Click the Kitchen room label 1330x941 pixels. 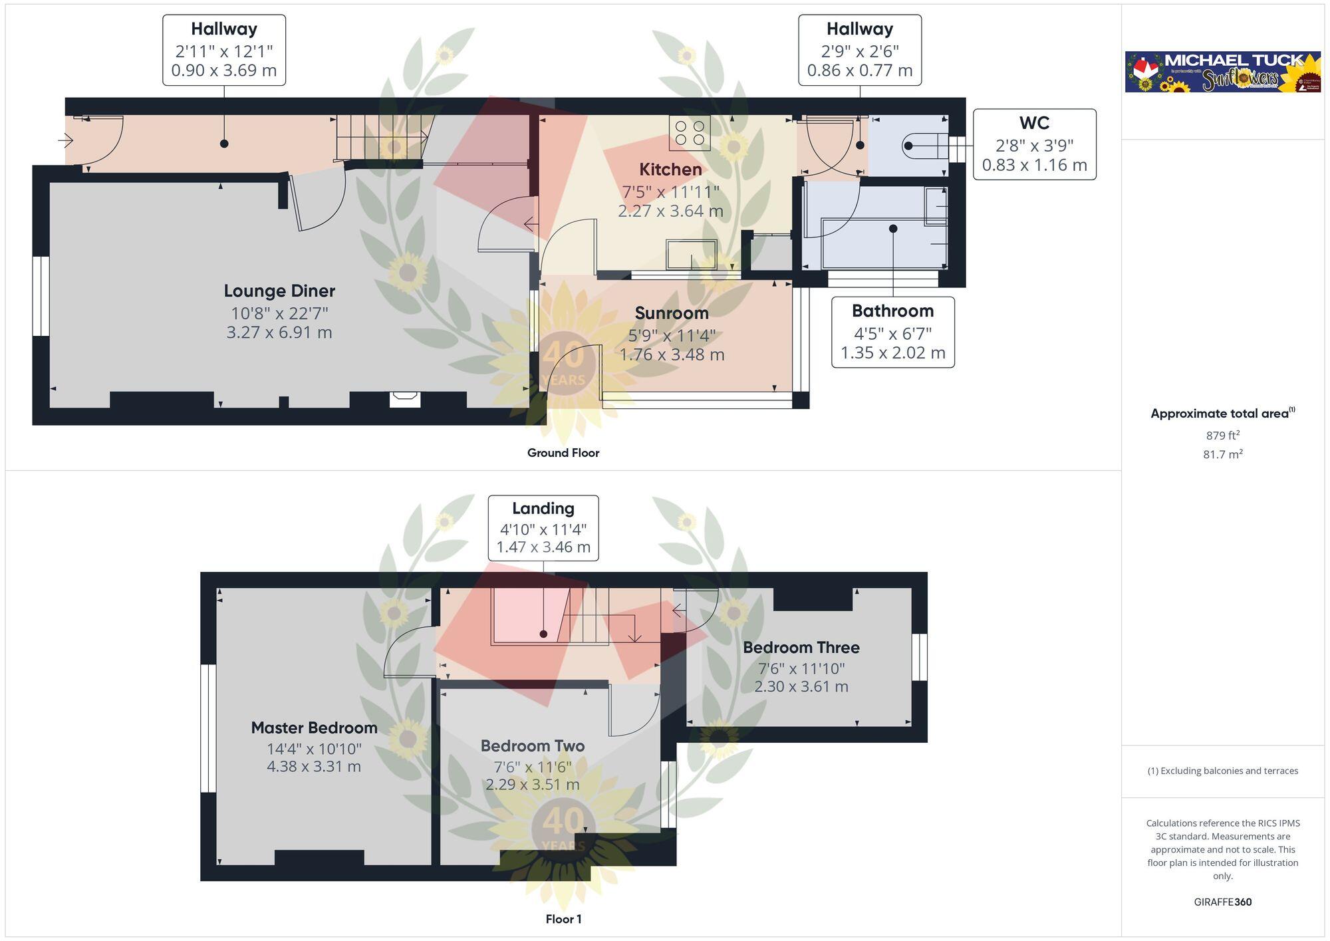(x=670, y=170)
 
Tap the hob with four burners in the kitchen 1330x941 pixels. (x=690, y=132)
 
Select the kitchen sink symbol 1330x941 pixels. (x=692, y=254)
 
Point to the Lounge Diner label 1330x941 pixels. (x=279, y=291)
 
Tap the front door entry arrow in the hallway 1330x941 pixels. (x=65, y=140)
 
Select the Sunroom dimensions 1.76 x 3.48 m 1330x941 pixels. (x=672, y=354)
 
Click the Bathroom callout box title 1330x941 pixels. (x=892, y=311)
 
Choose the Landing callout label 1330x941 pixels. (x=543, y=509)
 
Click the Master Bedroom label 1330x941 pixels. (x=314, y=728)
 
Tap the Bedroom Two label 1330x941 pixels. (x=533, y=746)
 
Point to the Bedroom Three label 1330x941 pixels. (x=801, y=648)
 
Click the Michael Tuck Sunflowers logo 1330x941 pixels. (x=1222, y=72)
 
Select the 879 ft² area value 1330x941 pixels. (x=1222, y=436)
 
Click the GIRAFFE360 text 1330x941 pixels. (x=1222, y=902)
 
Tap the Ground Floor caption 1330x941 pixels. (x=563, y=453)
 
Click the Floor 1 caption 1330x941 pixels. (x=563, y=919)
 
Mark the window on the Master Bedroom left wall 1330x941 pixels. (x=208, y=728)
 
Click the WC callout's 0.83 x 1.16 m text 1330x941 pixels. (x=1034, y=165)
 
